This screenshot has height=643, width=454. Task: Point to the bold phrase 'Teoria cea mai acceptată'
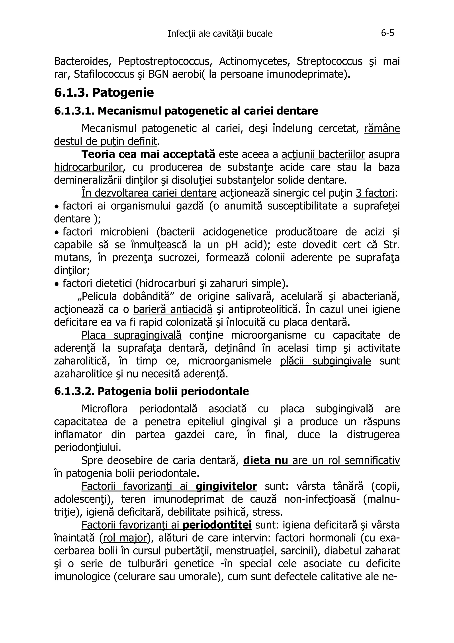[148, 154]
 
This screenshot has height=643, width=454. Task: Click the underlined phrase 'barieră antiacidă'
[173, 309]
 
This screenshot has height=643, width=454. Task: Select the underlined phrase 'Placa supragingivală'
[131, 335]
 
